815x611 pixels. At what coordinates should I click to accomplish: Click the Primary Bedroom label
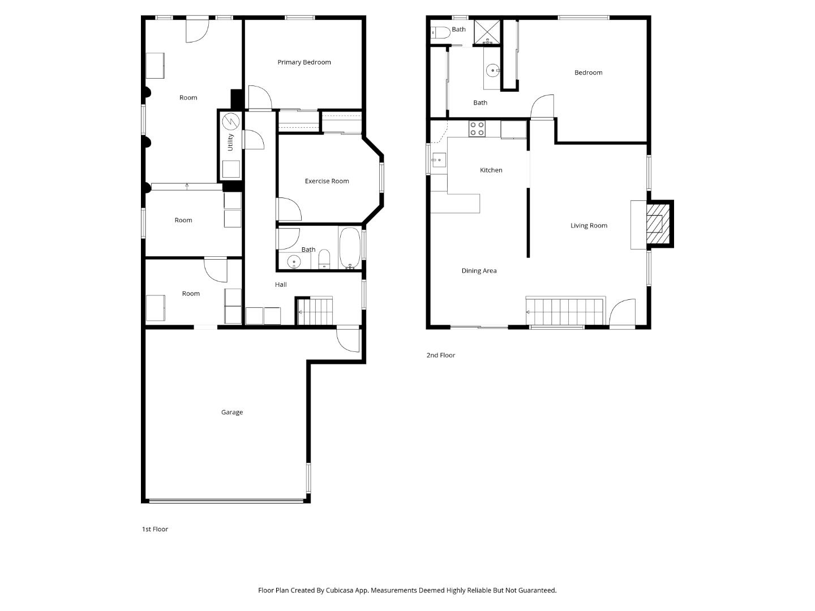pyautogui.click(x=304, y=62)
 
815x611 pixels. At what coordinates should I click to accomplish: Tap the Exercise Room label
pyautogui.click(x=327, y=181)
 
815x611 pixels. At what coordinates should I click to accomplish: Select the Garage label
pyautogui.click(x=231, y=412)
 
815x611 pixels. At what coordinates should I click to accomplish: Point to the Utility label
pyautogui.click(x=230, y=142)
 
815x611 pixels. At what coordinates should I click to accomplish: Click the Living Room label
pyautogui.click(x=589, y=226)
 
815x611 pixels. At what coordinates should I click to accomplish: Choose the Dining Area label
pyautogui.click(x=479, y=271)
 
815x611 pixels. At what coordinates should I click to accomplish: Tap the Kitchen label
pyautogui.click(x=491, y=170)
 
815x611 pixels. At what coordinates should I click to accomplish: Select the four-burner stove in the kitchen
pyautogui.click(x=477, y=129)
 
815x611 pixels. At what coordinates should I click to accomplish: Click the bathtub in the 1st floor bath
pyautogui.click(x=349, y=248)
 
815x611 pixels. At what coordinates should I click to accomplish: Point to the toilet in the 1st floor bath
pyautogui.click(x=324, y=259)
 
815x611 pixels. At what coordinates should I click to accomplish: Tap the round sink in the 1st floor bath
pyautogui.click(x=294, y=261)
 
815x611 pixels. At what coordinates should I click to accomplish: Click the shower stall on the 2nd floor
pyautogui.click(x=487, y=32)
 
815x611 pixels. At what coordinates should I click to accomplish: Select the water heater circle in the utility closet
pyautogui.click(x=231, y=122)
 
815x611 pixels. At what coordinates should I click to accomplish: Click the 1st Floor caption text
pyautogui.click(x=155, y=530)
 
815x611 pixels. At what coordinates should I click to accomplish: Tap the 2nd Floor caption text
pyautogui.click(x=440, y=355)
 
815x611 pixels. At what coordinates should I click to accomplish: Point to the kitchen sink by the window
pyautogui.click(x=439, y=160)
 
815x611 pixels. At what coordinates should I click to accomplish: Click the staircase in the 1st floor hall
pyautogui.click(x=315, y=311)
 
